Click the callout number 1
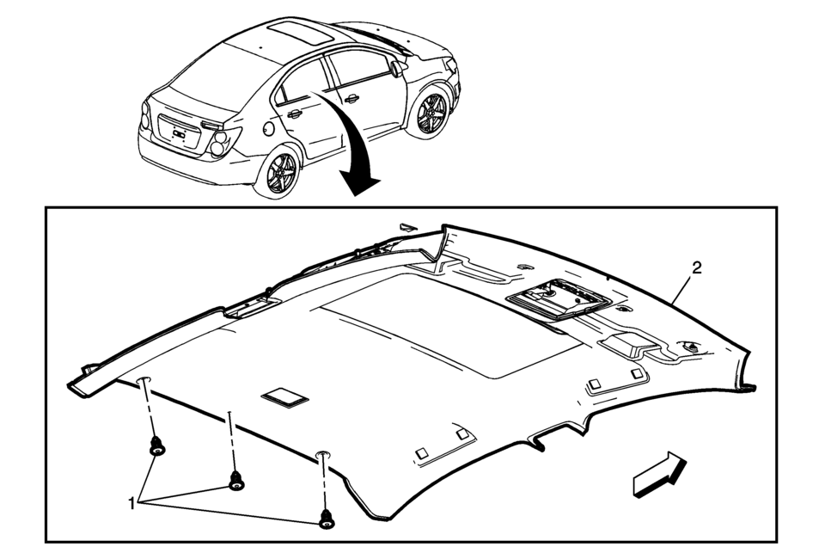coord(131,503)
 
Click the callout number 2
coord(696,268)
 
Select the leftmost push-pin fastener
coord(156,446)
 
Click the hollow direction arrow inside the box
coord(660,474)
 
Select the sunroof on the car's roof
coord(300,34)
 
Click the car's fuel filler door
coord(269,128)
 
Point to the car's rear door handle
coord(294,114)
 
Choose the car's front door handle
coord(351,98)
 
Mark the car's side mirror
coord(397,69)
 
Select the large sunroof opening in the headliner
coord(446,324)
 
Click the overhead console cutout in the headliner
coord(559,298)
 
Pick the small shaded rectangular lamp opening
coord(284,397)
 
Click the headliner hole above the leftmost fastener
coord(144,381)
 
